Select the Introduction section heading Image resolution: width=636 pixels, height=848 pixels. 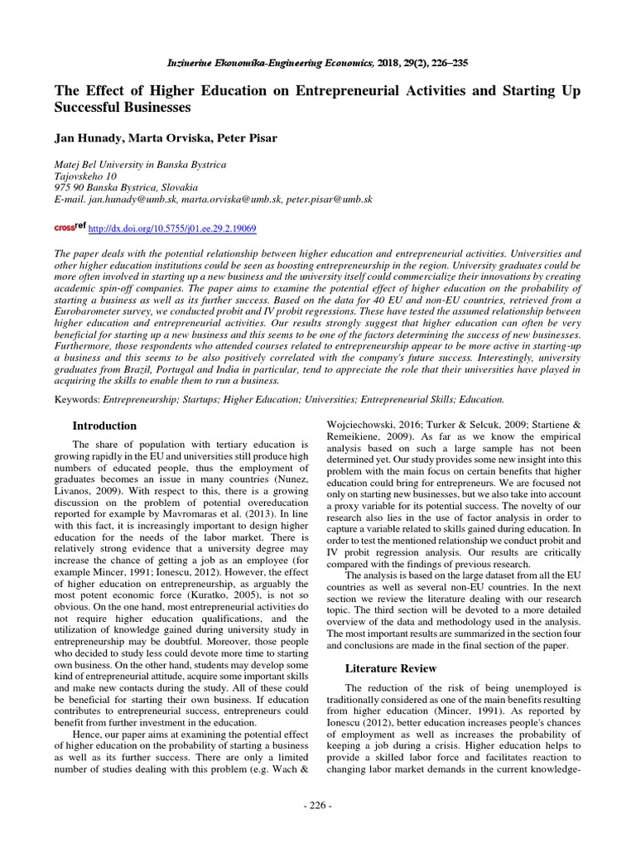pos(104,426)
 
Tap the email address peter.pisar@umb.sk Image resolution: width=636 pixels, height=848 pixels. pos(329,200)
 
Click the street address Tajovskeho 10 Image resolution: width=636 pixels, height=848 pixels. pos(85,176)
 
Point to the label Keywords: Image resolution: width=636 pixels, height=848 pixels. pos(77,398)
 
